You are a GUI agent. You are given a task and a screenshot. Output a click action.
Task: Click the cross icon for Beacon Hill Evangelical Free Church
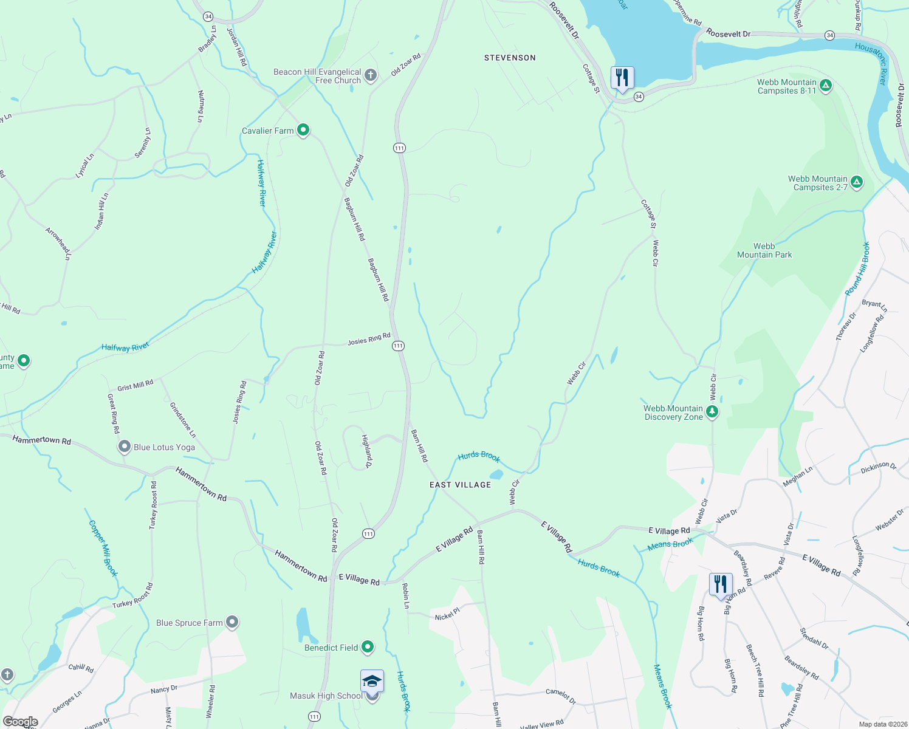371,75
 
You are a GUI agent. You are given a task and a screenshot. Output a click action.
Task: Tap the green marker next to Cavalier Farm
303,130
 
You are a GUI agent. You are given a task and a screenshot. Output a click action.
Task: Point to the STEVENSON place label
510,58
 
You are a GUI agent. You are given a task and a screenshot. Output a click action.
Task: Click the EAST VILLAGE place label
460,485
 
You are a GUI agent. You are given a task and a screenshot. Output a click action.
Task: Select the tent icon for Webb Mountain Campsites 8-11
825,86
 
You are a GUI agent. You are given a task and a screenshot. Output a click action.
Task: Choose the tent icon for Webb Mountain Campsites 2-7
856,182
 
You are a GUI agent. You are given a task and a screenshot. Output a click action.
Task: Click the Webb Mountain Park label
764,250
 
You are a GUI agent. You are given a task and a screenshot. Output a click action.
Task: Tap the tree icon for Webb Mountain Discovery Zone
712,412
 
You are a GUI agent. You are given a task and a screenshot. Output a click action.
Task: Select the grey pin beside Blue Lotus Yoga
125,447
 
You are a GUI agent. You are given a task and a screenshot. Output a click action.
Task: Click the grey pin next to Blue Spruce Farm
232,622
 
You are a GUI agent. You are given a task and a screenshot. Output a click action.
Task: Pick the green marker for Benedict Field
368,647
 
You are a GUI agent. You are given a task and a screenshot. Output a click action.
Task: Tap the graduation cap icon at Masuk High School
372,682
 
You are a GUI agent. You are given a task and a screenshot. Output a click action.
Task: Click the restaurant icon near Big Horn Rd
720,584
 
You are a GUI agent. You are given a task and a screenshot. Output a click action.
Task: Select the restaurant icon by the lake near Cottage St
622,78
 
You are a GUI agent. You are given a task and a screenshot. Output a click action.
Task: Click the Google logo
21,722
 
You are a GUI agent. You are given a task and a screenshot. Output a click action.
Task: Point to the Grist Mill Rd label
135,386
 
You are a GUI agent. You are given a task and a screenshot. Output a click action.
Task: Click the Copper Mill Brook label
103,548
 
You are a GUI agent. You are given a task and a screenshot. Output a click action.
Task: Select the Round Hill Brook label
857,269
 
